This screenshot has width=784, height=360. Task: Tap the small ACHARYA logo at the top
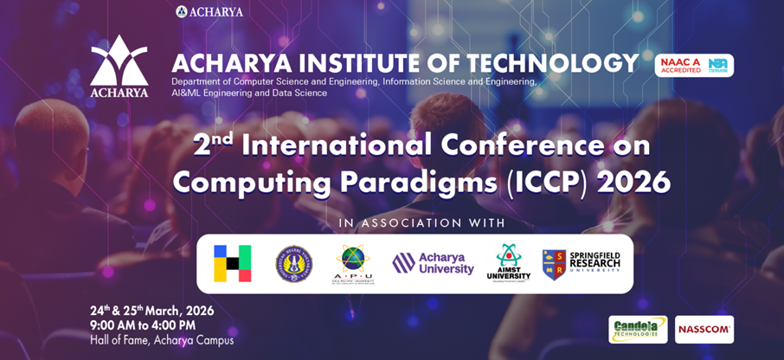pos(209,11)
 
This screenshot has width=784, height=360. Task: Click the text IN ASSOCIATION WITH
pos(421,223)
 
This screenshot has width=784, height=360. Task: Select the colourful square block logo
pos(233,264)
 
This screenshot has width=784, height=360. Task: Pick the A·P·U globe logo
pos(352,264)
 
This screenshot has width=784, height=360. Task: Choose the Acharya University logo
pos(434,264)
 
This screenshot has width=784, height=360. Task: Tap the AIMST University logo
pos(509,262)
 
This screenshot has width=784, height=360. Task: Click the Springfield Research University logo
pos(582,264)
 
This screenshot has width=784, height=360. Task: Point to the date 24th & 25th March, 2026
pos(151,311)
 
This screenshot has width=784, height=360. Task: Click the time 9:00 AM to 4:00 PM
pos(143,325)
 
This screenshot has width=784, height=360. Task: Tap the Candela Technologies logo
pos(638,329)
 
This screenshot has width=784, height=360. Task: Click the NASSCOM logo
pos(704,329)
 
